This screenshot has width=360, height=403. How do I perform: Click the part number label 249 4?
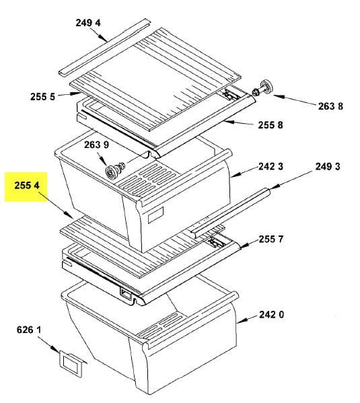[88, 23]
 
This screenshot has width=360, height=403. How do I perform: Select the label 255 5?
[42, 97]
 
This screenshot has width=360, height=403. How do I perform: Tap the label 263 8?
[330, 106]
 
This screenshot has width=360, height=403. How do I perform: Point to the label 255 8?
[271, 125]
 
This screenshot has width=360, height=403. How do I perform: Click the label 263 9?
[96, 145]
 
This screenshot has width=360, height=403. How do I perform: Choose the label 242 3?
[271, 167]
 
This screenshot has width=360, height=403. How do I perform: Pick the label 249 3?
[328, 167]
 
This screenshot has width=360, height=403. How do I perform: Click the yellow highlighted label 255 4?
[27, 185]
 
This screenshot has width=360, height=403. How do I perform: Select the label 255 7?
[271, 240]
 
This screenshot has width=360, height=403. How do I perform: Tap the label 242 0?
[272, 314]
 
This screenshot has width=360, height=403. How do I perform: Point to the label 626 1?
[29, 330]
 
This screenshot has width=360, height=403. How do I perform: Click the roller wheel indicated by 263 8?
[262, 89]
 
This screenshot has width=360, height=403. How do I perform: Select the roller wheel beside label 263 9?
[115, 169]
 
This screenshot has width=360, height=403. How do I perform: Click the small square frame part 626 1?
[71, 363]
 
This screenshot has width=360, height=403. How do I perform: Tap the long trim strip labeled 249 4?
[104, 47]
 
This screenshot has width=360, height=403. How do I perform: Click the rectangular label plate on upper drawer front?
[156, 215]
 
